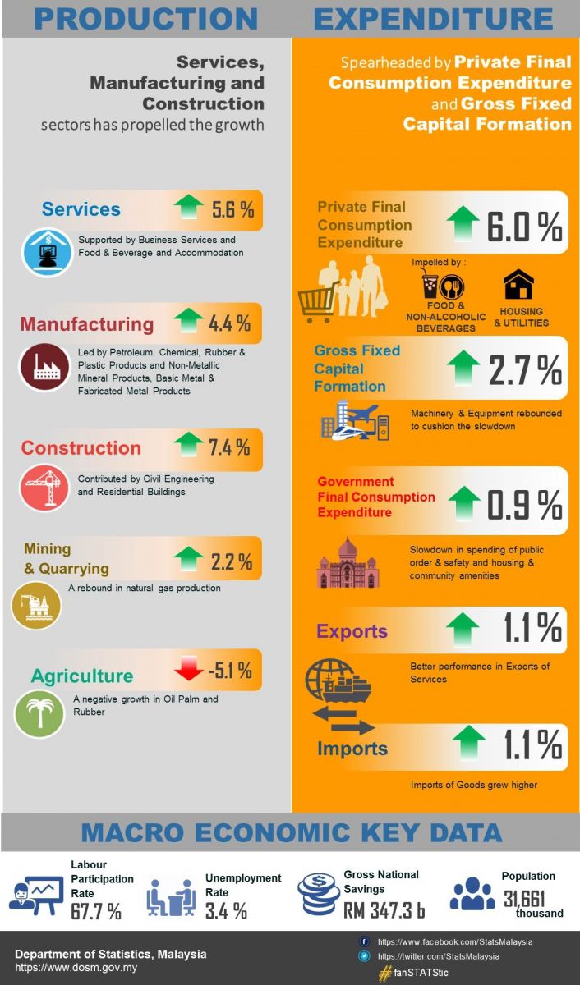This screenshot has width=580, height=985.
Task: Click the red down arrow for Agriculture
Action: [x=189, y=671]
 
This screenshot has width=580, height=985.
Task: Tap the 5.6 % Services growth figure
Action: [x=232, y=209]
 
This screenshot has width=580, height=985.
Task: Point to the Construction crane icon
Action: [x=44, y=488]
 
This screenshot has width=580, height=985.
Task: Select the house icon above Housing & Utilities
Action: [x=518, y=285]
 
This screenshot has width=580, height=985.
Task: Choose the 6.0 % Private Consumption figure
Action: [x=524, y=225]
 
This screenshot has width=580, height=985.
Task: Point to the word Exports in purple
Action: [x=352, y=631]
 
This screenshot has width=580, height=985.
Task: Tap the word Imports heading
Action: [x=352, y=749]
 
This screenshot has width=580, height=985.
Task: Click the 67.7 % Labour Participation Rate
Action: [x=95, y=911]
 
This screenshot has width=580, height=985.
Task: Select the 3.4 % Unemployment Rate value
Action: [x=226, y=910]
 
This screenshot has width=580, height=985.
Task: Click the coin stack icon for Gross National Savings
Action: [x=320, y=894]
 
